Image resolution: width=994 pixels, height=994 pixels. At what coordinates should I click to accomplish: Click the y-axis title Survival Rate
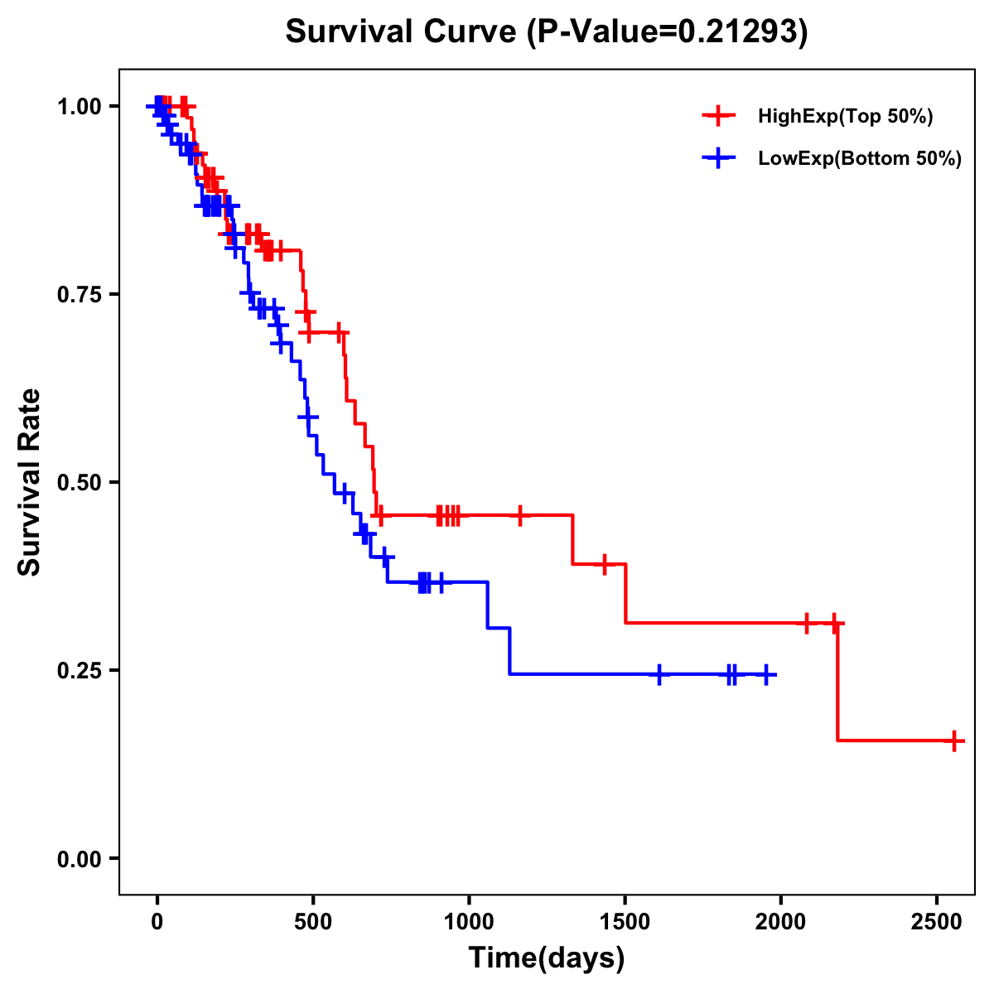[30, 481]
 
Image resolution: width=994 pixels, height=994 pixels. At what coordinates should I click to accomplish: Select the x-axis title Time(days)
[547, 958]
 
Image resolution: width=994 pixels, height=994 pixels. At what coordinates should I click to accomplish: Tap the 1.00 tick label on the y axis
[79, 107]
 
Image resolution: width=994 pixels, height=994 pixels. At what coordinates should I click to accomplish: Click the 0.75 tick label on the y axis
[79, 295]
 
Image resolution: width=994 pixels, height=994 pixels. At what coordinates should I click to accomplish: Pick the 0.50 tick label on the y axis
[79, 483]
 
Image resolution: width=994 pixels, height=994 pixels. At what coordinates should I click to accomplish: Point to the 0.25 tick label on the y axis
[79, 670]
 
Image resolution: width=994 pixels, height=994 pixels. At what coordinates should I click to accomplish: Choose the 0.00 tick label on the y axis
[79, 858]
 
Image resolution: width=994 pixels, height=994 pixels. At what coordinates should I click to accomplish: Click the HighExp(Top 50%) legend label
[845, 117]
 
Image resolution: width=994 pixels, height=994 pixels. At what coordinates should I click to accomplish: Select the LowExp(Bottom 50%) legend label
[860, 159]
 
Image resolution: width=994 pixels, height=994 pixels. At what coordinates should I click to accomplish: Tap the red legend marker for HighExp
[718, 116]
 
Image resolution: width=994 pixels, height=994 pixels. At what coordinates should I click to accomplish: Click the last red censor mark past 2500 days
[954, 741]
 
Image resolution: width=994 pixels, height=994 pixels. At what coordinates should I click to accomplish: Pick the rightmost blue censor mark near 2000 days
[766, 675]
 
